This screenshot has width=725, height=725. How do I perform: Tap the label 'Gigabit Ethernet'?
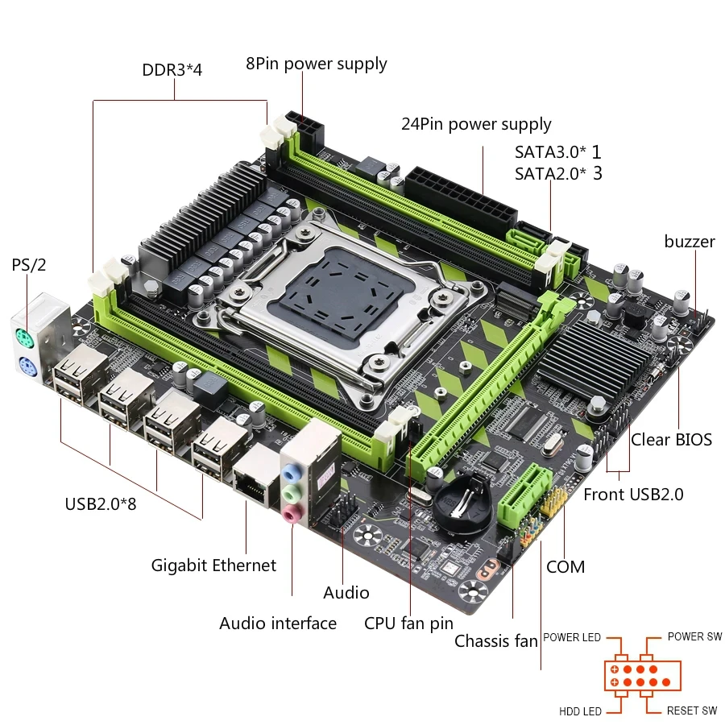213,565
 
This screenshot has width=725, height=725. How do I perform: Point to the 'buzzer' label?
690,242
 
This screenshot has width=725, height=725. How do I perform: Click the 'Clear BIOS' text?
671,439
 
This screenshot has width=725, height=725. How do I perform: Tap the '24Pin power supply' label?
476,124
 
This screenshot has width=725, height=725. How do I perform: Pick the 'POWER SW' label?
694,637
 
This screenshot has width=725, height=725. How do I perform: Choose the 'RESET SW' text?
691,711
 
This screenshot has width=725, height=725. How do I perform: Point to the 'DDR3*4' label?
172,69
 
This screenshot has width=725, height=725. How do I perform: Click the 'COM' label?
565,566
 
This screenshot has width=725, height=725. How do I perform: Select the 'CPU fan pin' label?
408,623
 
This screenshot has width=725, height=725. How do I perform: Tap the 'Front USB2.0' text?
633,494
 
